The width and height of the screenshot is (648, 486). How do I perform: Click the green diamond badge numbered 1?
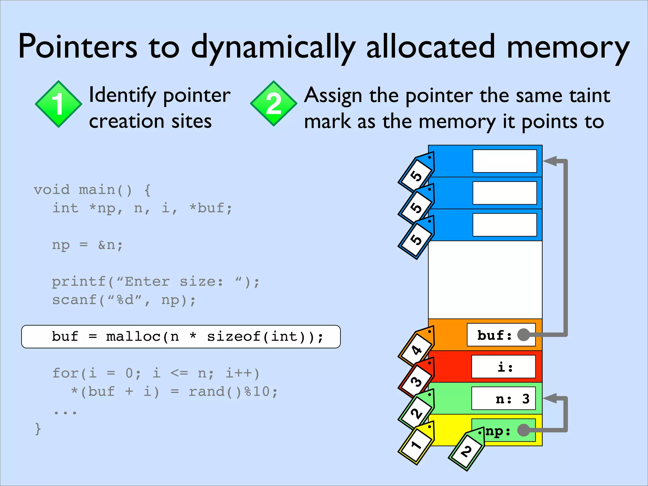(x=58, y=104)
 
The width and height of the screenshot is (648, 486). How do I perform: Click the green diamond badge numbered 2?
(x=273, y=104)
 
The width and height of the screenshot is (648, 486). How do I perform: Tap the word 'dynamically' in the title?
(x=273, y=47)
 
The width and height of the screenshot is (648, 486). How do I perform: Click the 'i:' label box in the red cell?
(x=503, y=367)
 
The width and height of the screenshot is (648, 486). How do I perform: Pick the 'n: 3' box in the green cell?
(x=503, y=399)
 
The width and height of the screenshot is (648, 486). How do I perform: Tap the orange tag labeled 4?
(x=416, y=348)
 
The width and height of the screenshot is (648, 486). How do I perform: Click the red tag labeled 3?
(x=416, y=380)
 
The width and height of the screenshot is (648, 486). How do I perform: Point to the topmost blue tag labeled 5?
(x=416, y=174)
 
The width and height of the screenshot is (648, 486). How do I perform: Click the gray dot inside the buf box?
(x=523, y=335)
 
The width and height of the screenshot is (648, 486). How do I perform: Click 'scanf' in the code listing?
(x=75, y=300)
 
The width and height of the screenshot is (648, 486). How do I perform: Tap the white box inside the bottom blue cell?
(x=504, y=225)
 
